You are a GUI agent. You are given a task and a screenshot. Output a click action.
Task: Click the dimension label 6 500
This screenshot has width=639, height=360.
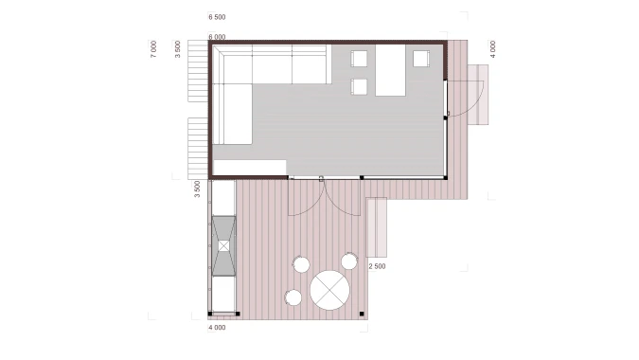coord(217,17)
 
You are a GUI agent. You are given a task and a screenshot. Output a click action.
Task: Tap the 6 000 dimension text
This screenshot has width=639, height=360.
coord(217,37)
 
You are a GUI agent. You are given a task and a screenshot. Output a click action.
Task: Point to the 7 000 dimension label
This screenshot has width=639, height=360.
coord(153,49)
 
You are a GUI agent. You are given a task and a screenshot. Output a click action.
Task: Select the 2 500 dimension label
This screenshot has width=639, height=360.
coord(377,266)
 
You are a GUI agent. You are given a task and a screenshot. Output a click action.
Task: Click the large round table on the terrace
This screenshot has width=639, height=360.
coord(329,290)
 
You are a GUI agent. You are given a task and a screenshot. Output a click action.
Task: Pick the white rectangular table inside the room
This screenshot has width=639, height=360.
coord(390,70)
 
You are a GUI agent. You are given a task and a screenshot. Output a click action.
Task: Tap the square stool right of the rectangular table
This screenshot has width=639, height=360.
coord(421,59)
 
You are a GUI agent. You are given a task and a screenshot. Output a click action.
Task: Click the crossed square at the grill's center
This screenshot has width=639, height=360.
coord(223,246)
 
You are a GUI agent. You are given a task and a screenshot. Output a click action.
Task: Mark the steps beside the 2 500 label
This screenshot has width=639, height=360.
coord(377,227)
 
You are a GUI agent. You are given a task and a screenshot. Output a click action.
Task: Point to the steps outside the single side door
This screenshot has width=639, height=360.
coord(478,95)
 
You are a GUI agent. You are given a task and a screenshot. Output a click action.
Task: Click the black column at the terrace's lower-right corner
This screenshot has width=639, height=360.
coord(362,314)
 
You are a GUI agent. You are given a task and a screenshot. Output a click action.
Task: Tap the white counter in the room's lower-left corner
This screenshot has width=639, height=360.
coord(249,168)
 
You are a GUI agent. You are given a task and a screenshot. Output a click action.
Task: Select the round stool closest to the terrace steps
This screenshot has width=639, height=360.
coord(349,261)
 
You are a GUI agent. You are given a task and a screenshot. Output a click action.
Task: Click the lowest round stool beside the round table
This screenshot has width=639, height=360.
coord(293,298)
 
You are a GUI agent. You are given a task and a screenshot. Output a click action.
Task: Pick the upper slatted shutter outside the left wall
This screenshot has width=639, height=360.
coord(198,70)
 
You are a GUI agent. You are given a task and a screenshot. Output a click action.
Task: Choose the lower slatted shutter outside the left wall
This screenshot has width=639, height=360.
coord(198,149)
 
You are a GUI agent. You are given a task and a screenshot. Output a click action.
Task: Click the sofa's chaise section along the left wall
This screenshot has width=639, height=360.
coord(232,114)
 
